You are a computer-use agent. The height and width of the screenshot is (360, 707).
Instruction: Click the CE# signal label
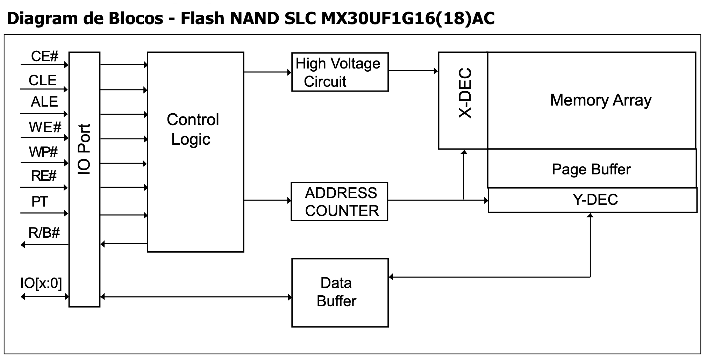[x=44, y=56]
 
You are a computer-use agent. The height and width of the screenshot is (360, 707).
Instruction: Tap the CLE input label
[x=42, y=80]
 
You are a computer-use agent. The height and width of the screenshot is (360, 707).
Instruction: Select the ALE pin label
[x=44, y=102]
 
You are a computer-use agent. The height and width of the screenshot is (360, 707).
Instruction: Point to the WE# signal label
[x=45, y=127]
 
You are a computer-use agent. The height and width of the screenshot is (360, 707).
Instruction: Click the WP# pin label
[x=43, y=152]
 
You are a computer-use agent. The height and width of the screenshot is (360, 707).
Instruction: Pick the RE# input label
[x=44, y=176]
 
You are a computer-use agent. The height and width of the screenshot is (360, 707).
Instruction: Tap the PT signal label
[x=40, y=202]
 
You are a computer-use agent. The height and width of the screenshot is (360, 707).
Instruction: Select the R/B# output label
[x=44, y=232]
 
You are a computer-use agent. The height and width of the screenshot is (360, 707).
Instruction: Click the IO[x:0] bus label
[x=41, y=283]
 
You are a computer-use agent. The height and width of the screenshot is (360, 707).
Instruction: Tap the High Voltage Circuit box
[x=340, y=72]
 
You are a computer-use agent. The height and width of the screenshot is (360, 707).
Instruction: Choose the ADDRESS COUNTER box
[x=340, y=202]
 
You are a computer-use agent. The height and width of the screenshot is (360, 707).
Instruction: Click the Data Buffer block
[x=340, y=293]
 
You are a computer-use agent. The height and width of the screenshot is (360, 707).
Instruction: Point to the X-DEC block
[x=463, y=100]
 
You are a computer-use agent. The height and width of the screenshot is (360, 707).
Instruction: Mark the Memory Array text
[x=601, y=100]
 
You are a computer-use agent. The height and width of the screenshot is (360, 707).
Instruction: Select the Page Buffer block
[x=592, y=169]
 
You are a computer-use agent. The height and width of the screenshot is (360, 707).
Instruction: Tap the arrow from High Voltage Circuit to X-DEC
[x=413, y=71]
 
